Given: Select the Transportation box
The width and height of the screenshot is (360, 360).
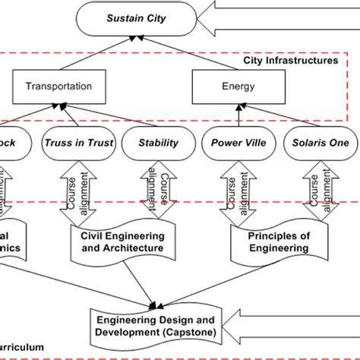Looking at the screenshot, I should [57, 86].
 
